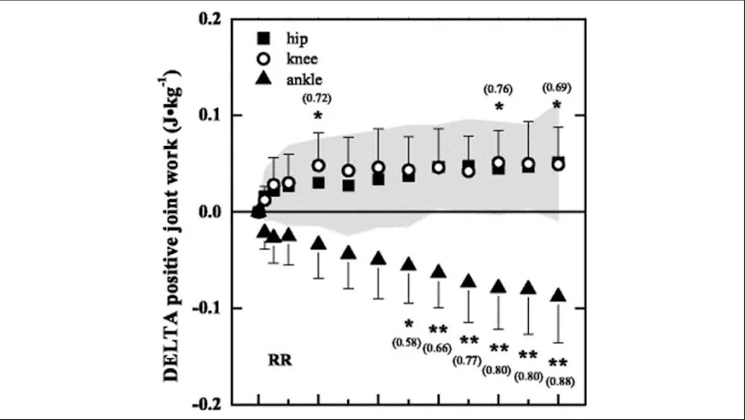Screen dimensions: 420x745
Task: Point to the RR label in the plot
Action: pos(279,363)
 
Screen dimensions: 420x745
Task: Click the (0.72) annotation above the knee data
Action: pos(318,98)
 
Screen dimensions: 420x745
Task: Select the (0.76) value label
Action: pos(498,89)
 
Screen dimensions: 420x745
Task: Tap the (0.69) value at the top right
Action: pos(558,88)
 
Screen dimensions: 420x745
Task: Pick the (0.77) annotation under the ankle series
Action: pos(469,358)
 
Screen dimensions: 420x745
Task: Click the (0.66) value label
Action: pos(438,347)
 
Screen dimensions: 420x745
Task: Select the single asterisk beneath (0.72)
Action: pos(318,116)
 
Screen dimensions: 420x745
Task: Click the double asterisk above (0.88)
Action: pos(558,364)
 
